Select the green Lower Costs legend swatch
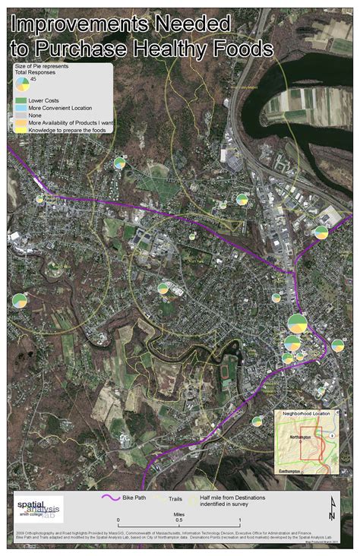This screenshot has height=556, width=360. (21, 100)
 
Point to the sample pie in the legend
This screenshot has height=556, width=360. (22, 82)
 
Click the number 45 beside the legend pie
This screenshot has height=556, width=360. (34, 78)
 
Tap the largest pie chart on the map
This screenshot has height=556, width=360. (297, 324)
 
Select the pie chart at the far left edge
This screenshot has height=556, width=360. (20, 300)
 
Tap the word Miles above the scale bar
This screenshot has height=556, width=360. (180, 513)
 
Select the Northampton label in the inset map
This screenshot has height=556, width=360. (302, 439)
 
